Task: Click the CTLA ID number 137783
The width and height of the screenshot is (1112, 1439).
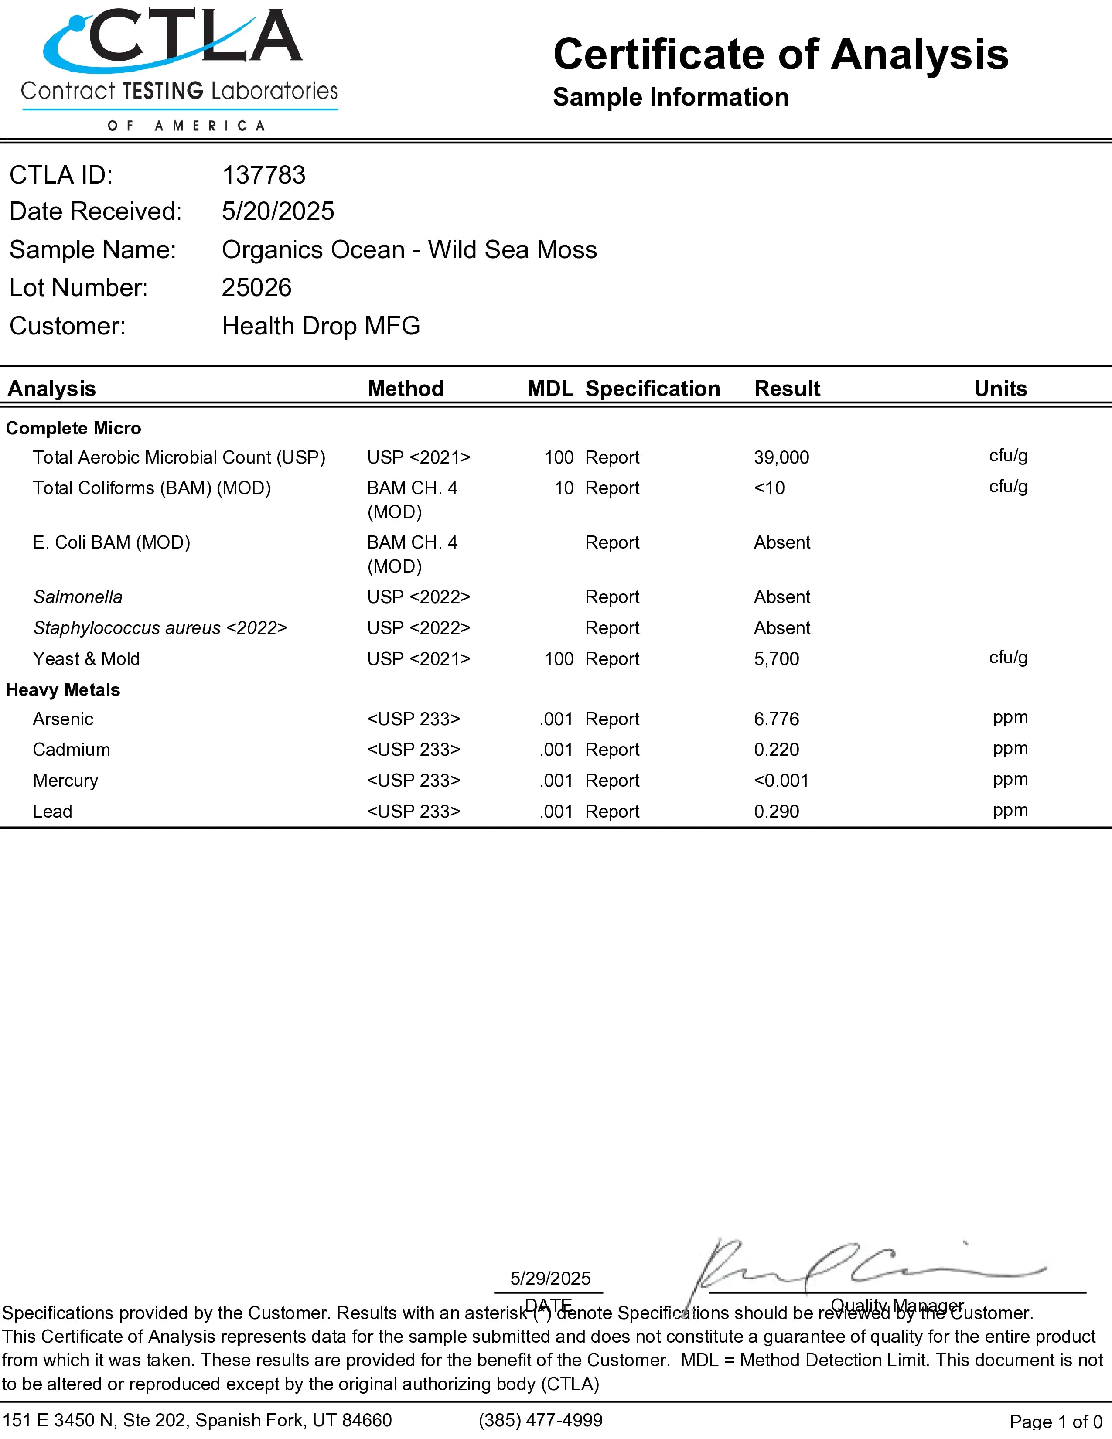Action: pyautogui.click(x=263, y=175)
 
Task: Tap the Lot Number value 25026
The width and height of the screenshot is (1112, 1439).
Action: pyautogui.click(x=256, y=288)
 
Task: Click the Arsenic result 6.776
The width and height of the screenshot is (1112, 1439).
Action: pyautogui.click(x=776, y=719)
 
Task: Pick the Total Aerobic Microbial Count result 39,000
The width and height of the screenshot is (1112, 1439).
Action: pyautogui.click(x=781, y=457)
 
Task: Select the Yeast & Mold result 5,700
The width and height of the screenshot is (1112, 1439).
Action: pyautogui.click(x=776, y=659)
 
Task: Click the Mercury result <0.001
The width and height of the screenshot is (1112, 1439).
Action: pyautogui.click(x=781, y=781)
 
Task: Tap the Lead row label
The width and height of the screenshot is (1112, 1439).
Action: pyautogui.click(x=53, y=812)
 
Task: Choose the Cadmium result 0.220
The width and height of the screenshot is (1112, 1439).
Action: pyautogui.click(x=776, y=750)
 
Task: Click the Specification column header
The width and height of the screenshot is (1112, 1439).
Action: pyautogui.click(x=652, y=389)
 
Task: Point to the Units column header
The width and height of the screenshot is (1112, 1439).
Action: pyautogui.click(x=1000, y=389)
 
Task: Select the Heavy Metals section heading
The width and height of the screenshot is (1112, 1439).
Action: pyautogui.click(x=63, y=690)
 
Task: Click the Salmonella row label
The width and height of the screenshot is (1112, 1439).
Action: pyautogui.click(x=78, y=597)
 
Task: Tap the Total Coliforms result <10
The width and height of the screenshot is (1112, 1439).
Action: pyautogui.click(x=769, y=488)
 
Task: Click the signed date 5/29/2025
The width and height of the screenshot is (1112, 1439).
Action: pyautogui.click(x=550, y=1278)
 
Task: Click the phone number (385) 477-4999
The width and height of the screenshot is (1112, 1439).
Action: pyautogui.click(x=540, y=1420)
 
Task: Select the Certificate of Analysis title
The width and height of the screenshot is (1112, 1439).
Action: pyautogui.click(x=781, y=54)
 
